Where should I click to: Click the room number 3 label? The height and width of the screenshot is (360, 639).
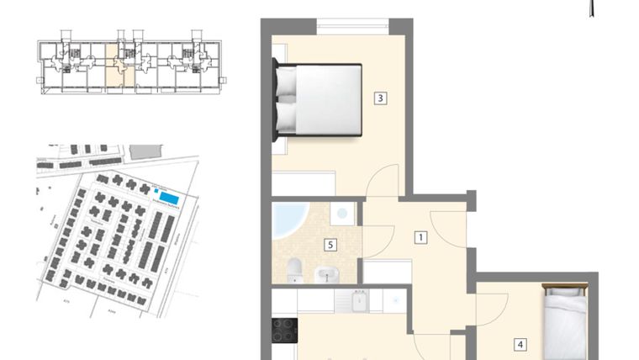tap(381, 98)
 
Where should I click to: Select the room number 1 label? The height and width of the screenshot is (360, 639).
tap(420, 238)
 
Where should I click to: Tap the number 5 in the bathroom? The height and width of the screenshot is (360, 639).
tap(330, 246)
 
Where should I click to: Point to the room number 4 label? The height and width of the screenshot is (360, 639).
tap(520, 344)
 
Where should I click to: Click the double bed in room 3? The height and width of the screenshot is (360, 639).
tap(319, 99)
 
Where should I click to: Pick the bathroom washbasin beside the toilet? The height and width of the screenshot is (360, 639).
tap(325, 273)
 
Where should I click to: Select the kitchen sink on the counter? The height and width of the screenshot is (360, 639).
tap(358, 299)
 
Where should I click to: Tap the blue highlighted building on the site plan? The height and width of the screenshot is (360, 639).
tap(169, 197)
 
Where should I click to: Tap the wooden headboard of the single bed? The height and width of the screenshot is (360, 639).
tap(564, 288)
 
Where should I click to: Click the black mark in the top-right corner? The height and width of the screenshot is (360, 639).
tap(594, 9)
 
